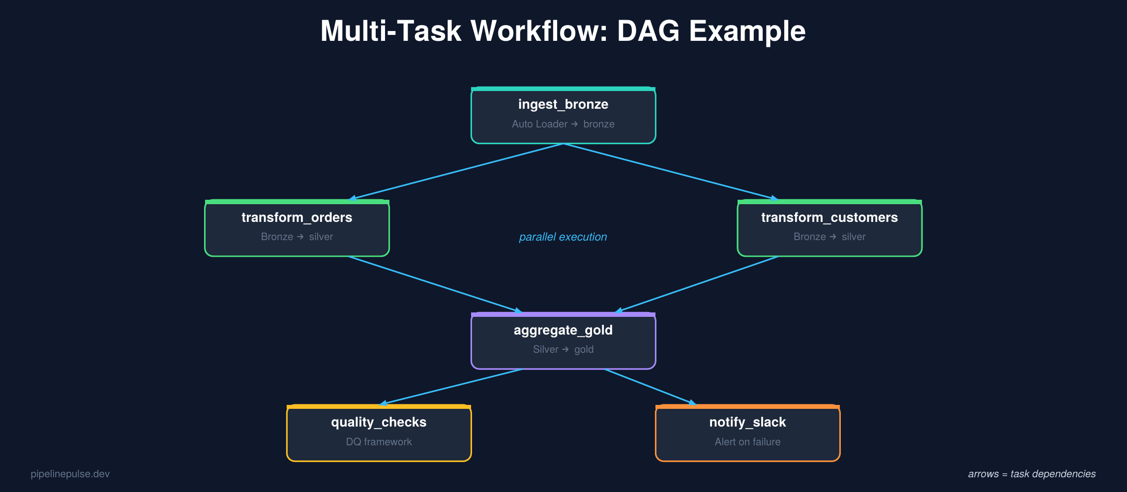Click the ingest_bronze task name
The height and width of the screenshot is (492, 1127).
click(x=563, y=104)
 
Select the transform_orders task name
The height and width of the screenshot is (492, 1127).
click(x=297, y=217)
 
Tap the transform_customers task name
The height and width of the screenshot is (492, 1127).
click(x=829, y=217)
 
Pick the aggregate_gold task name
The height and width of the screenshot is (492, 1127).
click(x=563, y=330)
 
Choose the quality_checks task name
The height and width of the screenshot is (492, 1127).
click(x=379, y=422)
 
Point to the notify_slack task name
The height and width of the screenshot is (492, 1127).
click(x=747, y=422)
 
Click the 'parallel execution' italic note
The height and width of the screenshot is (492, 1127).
click(x=563, y=237)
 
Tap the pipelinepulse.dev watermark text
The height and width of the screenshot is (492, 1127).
click(x=70, y=474)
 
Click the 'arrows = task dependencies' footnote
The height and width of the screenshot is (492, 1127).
click(x=1032, y=474)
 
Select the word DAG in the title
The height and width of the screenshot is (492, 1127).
click(x=649, y=31)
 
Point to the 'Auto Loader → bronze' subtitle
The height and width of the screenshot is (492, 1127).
click(x=563, y=124)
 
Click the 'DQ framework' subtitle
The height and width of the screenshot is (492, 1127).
click(x=379, y=442)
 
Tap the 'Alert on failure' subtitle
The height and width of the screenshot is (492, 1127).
click(x=747, y=442)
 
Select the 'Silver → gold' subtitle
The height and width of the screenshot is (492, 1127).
click(x=563, y=349)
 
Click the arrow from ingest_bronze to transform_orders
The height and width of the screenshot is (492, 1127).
click(x=455, y=172)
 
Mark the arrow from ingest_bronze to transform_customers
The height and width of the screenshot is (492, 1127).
click(x=671, y=172)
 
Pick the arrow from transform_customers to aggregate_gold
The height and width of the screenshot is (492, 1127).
click(x=697, y=284)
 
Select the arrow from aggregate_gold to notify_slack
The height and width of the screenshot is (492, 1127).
click(x=650, y=387)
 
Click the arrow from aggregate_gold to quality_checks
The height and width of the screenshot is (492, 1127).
click(x=451, y=387)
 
